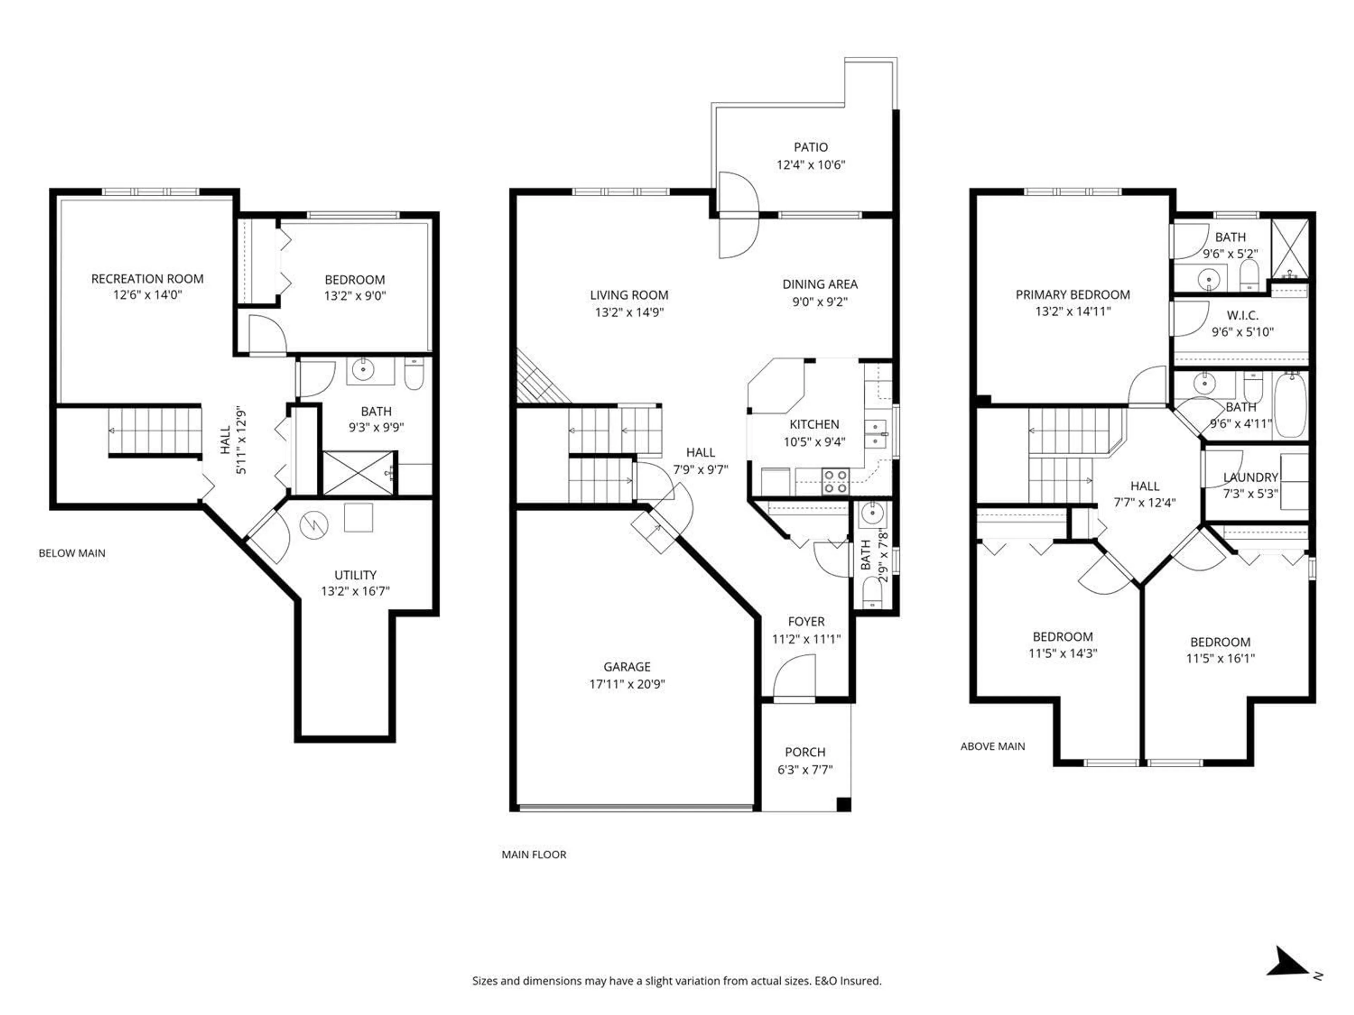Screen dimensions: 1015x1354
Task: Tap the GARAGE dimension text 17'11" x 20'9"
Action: [x=627, y=684]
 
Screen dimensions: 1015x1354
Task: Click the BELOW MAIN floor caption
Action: [x=72, y=553]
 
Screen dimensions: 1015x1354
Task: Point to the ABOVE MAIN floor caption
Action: [x=992, y=746]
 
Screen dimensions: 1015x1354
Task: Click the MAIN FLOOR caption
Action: [x=534, y=855]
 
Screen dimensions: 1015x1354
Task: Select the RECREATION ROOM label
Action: [x=147, y=279]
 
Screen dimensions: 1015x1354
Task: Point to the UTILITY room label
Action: [x=355, y=575]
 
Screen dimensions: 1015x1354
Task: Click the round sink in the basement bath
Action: [x=363, y=370]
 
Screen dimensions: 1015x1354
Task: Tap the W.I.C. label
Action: [x=1242, y=316]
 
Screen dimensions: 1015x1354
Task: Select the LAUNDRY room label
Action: [x=1250, y=477]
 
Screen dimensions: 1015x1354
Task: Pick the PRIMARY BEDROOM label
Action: [x=1072, y=295]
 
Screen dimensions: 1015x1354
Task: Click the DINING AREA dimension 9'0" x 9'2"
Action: [x=819, y=302]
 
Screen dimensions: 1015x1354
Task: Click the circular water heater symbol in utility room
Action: [x=313, y=524]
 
